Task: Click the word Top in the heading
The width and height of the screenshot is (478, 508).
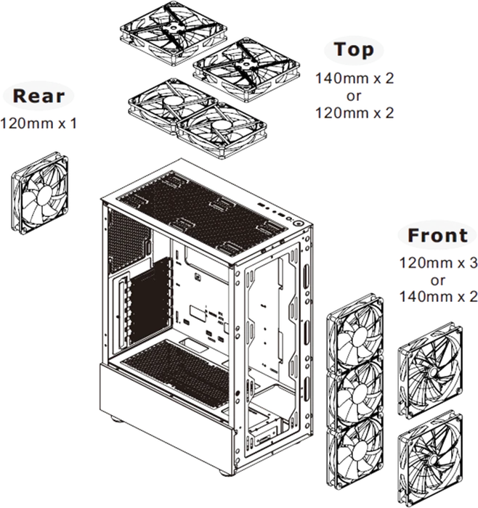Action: [x=354, y=50]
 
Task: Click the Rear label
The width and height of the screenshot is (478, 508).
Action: [x=39, y=97]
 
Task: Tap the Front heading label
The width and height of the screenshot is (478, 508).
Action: [x=437, y=236]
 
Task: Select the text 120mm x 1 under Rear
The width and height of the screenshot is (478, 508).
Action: [x=39, y=123]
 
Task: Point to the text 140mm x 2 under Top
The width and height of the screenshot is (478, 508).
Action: [x=355, y=78]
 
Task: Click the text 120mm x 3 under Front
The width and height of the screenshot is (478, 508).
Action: [x=439, y=263]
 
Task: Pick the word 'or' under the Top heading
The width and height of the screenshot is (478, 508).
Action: [x=354, y=97]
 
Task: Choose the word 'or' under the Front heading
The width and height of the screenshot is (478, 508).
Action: [x=438, y=281]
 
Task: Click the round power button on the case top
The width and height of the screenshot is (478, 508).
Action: [x=299, y=224]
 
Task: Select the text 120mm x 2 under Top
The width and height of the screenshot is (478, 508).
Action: [x=355, y=113]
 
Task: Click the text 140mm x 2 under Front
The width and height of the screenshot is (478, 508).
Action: [x=439, y=297]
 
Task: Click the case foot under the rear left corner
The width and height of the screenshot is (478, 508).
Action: [x=117, y=419]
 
